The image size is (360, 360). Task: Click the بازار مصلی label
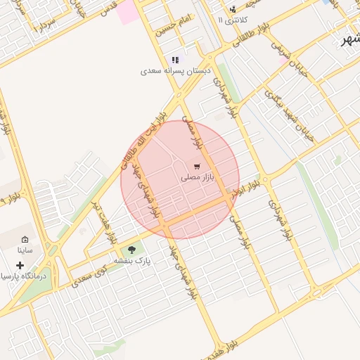(197, 179)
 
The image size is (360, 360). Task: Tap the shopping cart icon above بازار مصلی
(198, 167)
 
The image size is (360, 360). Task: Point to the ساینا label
(25, 250)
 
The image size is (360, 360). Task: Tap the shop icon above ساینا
(25, 240)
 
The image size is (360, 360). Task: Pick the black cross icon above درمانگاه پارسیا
(20, 265)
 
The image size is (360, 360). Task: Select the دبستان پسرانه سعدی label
(175, 71)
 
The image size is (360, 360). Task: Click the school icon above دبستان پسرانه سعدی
(175, 60)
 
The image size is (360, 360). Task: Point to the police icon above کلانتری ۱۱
(233, 9)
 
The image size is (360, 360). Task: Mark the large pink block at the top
(128, 12)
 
